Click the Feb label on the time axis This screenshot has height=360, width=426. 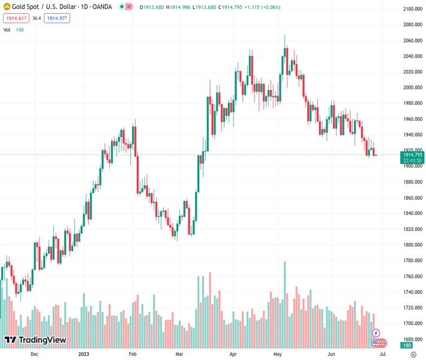[x=134, y=354]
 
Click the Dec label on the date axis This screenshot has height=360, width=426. [x=34, y=354]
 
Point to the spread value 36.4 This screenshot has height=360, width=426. [x=36, y=18]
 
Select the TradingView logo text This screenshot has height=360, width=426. [x=42, y=340]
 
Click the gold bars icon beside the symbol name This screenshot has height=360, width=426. [x=6, y=7]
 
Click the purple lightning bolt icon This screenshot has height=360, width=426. [x=376, y=332]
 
